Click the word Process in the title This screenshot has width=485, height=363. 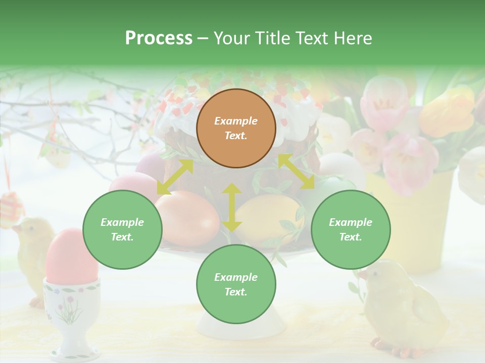(159, 38)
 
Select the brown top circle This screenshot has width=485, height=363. (236, 128)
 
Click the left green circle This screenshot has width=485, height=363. (122, 229)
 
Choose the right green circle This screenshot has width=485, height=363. (351, 229)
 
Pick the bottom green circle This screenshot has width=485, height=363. (236, 284)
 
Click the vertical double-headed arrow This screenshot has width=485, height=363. (232, 207)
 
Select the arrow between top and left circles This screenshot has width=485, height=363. (175, 176)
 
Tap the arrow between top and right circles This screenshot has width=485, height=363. (296, 171)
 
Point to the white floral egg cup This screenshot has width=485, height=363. (70, 313)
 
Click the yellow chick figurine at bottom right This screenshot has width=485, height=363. (404, 308)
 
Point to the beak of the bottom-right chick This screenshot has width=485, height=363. (362, 275)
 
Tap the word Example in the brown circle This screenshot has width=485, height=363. (236, 121)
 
